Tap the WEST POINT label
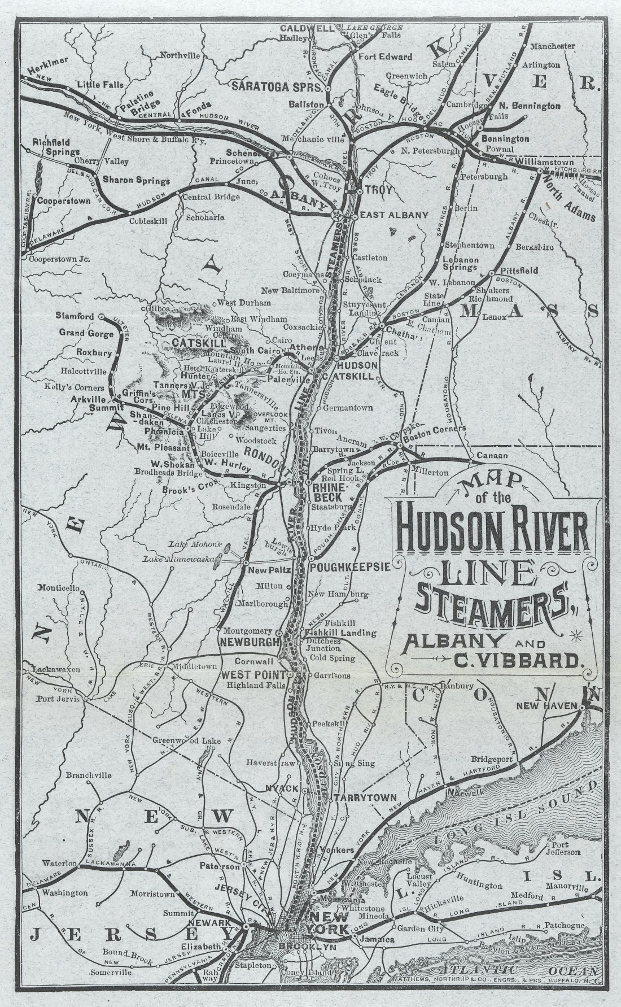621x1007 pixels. (x=253, y=674)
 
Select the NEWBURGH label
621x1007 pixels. (x=250, y=642)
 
